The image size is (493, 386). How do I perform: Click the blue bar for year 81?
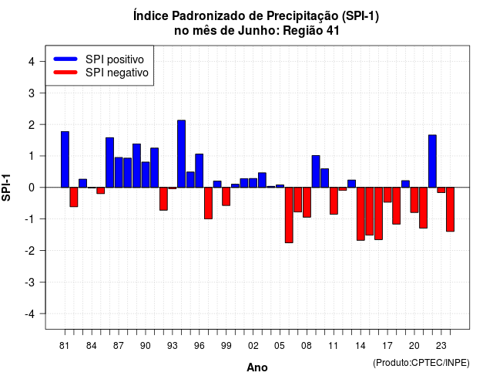65,160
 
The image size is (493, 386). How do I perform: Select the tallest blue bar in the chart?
182,154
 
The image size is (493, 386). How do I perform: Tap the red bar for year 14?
361,214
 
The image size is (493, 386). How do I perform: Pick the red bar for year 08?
307,202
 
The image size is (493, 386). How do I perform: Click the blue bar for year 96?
200,171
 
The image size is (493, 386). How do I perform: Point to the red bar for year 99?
226,196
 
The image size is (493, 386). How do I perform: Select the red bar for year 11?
334,201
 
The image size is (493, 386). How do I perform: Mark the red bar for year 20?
414,200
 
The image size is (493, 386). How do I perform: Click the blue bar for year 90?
146,174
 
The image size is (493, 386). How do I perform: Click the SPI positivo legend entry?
99,59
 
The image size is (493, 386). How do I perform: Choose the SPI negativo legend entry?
101,73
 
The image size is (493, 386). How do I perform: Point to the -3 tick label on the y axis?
30,282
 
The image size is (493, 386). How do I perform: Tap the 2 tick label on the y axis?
32,124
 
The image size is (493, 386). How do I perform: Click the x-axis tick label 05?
280,346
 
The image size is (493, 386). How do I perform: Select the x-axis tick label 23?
441,346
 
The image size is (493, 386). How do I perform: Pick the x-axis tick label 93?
173,346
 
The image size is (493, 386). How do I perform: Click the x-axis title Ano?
257,367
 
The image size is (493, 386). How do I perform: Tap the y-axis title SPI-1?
6,188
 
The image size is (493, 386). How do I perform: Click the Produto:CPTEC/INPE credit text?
421,363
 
